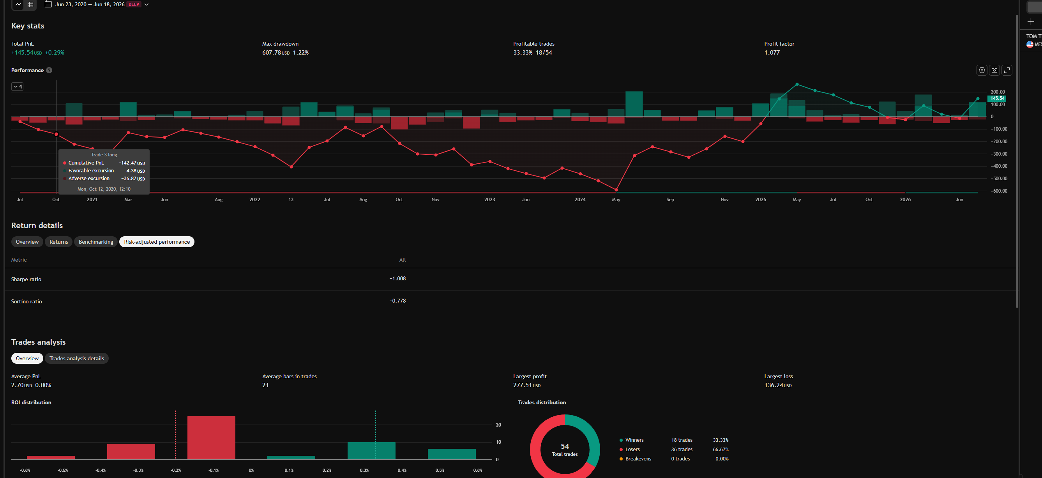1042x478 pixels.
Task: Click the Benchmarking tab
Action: (96, 242)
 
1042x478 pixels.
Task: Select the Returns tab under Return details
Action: (59, 242)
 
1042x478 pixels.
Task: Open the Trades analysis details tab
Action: (76, 358)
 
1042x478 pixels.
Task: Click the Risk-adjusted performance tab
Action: (157, 242)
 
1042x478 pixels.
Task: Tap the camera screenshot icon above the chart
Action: (994, 70)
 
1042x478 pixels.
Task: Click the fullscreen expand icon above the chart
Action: (1007, 70)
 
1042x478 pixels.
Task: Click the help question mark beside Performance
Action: (49, 70)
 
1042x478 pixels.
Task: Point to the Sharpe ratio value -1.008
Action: (397, 278)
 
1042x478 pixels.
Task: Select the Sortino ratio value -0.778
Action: (397, 301)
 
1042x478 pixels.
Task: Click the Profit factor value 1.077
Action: (772, 53)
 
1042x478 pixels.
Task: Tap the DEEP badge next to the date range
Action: (134, 4)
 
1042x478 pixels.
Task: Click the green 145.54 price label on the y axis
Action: (997, 98)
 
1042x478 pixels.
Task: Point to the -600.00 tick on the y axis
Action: (999, 191)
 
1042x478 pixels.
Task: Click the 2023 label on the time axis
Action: (489, 200)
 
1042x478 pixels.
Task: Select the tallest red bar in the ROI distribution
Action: (211, 437)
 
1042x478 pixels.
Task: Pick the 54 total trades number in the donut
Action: (565, 446)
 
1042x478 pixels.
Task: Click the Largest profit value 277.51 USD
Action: (527, 385)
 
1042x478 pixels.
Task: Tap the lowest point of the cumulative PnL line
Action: (616, 190)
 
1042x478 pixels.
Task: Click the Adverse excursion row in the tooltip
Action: (104, 179)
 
